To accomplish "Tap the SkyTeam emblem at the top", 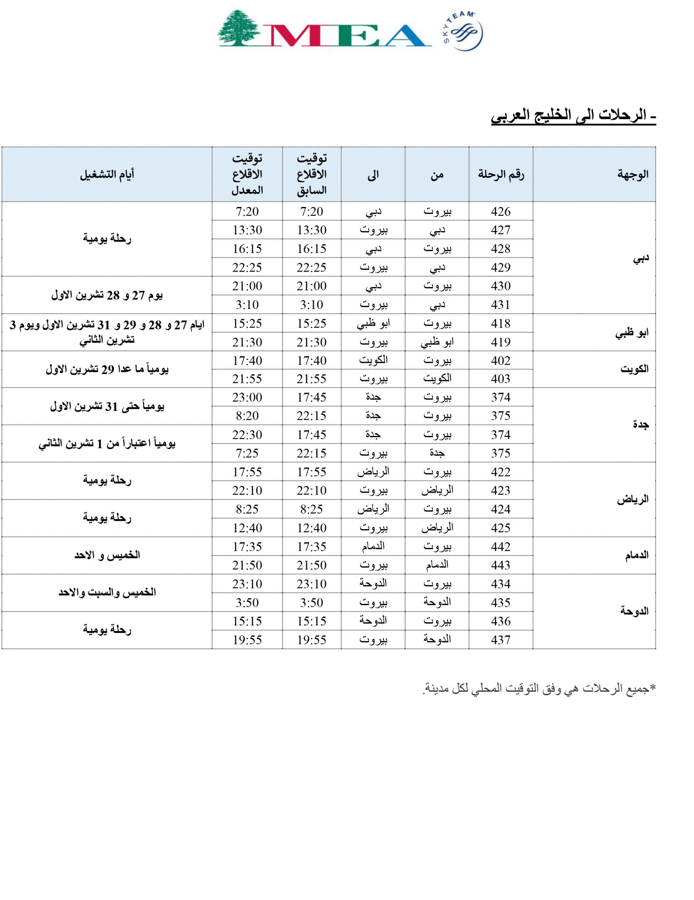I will [463, 31].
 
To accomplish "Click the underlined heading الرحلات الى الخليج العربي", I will [573, 116].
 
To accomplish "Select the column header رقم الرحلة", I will [501, 174].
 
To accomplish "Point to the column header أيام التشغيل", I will [107, 174].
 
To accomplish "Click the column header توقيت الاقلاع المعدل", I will [247, 174].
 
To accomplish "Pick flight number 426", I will [501, 211].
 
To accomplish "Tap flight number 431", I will [501, 305].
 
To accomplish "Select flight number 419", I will [501, 342].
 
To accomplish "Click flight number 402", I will [501, 360].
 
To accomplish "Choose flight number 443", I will [501, 565].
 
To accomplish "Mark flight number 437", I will [501, 640].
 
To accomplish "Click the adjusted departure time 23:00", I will [247, 397].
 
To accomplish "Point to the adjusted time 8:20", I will [247, 416].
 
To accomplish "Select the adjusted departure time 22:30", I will [247, 435].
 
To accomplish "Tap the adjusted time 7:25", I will [247, 453].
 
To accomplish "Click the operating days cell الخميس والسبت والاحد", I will [107, 592].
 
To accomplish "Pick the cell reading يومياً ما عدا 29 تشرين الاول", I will [107, 369].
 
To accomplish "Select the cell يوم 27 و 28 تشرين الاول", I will [107, 295].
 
